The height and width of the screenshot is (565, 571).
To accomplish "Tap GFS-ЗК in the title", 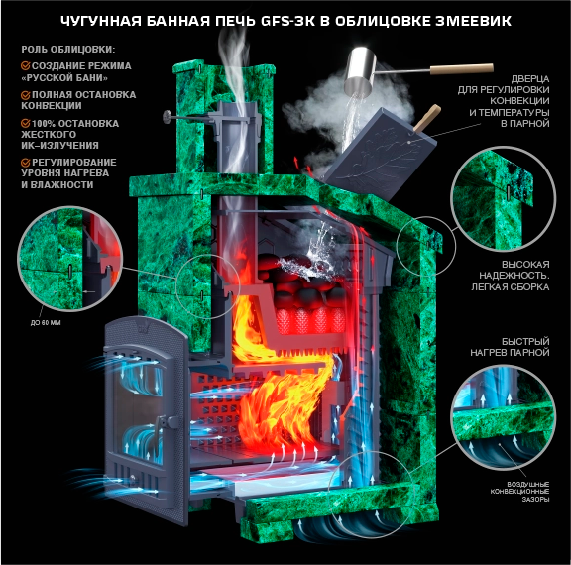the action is [x=288, y=21].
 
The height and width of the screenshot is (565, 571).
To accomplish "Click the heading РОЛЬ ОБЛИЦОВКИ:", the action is [x=68, y=50].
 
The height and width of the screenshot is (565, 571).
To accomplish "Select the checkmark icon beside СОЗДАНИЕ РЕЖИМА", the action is [x=25, y=65].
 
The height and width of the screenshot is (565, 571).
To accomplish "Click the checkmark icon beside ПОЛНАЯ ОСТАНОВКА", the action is [x=25, y=95].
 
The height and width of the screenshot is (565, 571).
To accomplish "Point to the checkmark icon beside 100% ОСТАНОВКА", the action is [x=25, y=123].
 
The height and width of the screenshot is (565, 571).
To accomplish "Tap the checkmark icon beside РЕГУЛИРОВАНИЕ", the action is [x=25, y=162].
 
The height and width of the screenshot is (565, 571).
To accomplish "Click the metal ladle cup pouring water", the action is [x=360, y=71].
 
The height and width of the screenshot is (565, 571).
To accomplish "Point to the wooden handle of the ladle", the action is [x=462, y=69].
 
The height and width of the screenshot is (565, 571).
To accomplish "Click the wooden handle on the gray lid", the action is [x=427, y=118].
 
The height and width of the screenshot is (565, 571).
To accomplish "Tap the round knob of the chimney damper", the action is [x=168, y=117].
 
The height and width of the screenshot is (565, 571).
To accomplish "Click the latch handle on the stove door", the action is [x=159, y=430].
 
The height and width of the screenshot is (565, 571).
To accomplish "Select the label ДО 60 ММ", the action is [x=46, y=323].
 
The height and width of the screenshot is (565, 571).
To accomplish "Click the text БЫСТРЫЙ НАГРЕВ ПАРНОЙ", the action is [x=510, y=347].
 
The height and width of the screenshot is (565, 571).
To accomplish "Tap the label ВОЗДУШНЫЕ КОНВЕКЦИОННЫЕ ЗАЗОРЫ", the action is [x=519, y=492].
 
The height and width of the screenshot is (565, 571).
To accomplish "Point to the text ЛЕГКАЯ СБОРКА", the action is [x=511, y=286].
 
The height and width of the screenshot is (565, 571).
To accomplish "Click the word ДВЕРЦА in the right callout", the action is [x=530, y=79].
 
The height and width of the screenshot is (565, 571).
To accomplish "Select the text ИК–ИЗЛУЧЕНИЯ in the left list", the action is [x=59, y=146].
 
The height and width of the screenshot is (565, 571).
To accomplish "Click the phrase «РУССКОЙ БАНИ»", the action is [x=64, y=78].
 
